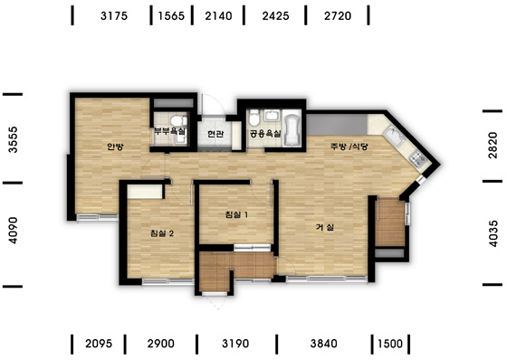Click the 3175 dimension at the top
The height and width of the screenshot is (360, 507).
tap(114, 16)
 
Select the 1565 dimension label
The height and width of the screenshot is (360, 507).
tap(171, 16)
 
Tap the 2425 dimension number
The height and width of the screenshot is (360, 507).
tap(275, 16)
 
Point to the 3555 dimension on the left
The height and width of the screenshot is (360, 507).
tap(14, 139)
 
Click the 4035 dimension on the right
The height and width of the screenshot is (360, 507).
tap(493, 233)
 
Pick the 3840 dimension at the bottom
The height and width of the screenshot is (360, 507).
tap(324, 344)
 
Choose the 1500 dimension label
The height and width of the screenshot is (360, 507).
tap(390, 344)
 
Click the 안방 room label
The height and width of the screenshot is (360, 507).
tap(116, 147)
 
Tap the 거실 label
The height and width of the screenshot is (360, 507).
tap(325, 227)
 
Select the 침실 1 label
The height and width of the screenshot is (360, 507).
tap(236, 214)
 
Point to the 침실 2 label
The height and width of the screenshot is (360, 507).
tap(162, 233)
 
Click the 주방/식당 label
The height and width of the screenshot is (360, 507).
tap(349, 147)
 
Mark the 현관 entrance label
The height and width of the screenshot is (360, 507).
tap(215, 134)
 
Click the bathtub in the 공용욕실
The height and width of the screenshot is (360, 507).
tap(292, 129)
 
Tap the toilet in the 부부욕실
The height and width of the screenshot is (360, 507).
tap(177, 120)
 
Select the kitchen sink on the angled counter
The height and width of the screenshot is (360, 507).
tap(394, 137)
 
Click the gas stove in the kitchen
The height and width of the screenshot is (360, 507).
tap(418, 158)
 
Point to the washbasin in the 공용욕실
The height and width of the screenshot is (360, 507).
tap(272, 116)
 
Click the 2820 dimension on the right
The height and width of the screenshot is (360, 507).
tap(493, 145)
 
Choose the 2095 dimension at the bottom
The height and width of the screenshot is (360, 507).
tap(99, 344)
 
